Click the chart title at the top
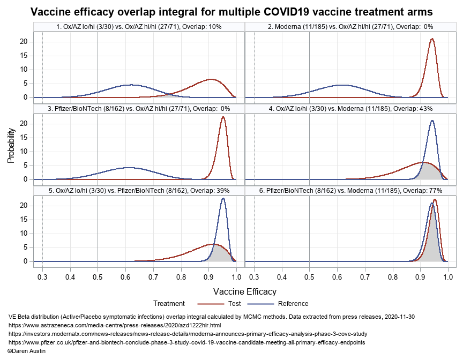point(231,11)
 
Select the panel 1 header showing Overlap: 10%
point(139,26)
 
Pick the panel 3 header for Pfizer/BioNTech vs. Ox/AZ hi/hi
point(139,108)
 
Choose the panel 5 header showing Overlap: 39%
point(139,190)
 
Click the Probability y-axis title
point(11,145)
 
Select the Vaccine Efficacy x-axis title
point(245,291)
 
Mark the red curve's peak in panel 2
point(432,39)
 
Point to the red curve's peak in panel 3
point(223,117)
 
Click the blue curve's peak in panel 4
point(432,121)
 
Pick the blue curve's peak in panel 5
point(223,199)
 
